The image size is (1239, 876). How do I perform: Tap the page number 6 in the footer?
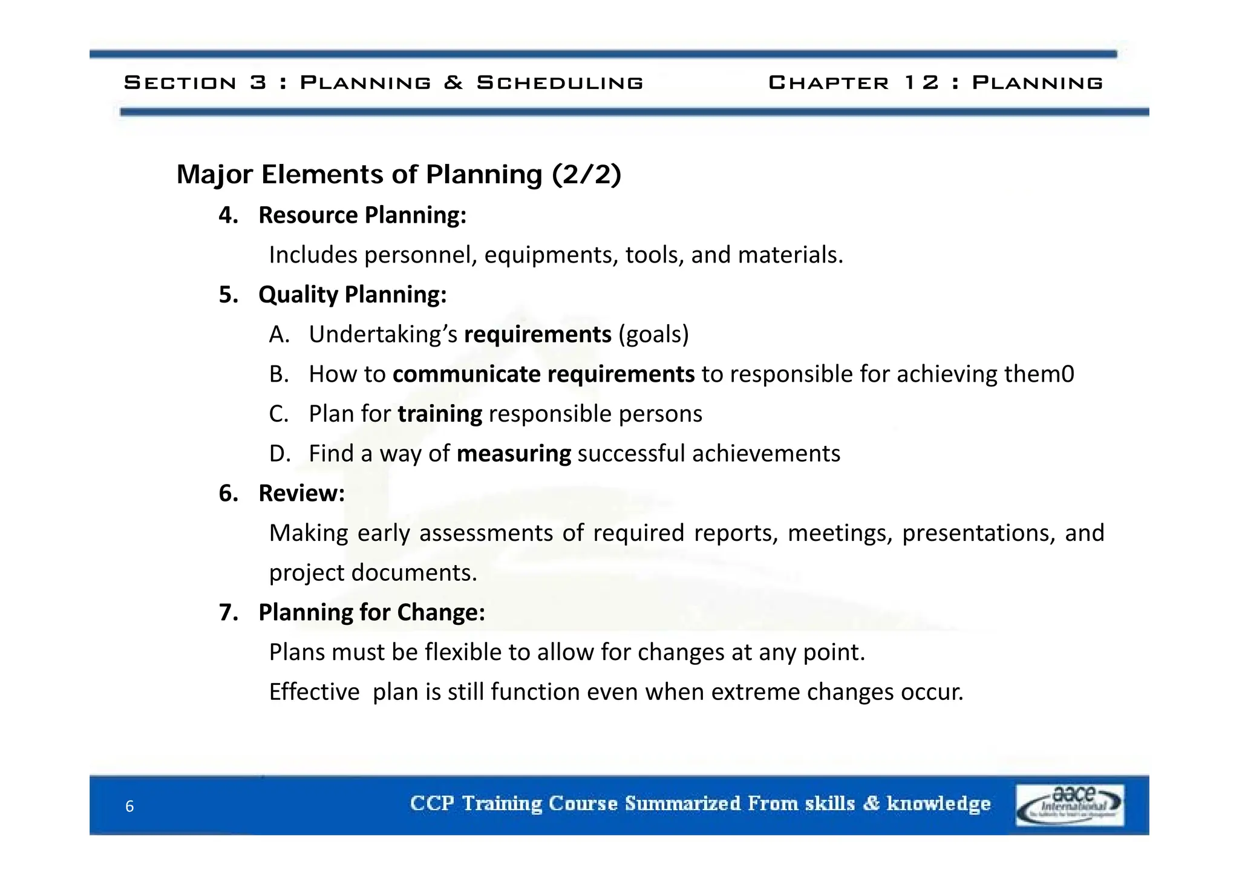(x=129, y=806)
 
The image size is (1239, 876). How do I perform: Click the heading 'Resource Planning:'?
(x=362, y=215)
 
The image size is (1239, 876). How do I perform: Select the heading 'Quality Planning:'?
(x=353, y=295)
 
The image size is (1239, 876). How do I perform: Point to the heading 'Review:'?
(x=301, y=493)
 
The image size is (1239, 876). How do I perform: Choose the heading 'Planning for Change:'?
(x=371, y=612)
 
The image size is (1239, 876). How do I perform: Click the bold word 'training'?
(x=440, y=414)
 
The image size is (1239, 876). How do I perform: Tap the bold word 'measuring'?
(x=514, y=454)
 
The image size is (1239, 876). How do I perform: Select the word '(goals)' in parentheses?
(x=653, y=335)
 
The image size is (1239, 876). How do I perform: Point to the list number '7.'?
(x=229, y=612)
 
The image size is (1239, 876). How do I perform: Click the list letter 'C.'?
(x=279, y=414)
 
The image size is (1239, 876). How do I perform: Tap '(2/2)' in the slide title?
(x=586, y=175)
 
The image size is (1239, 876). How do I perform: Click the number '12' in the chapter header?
(x=921, y=82)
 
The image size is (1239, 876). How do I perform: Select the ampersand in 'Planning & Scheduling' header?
(x=453, y=82)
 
